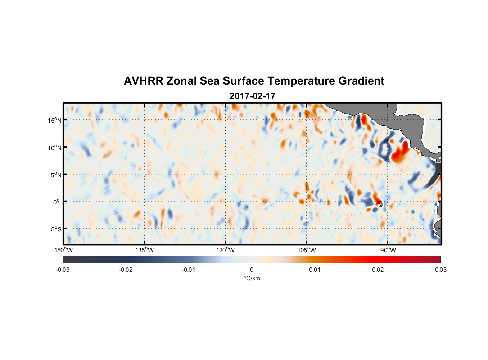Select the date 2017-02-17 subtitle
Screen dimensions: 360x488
252,96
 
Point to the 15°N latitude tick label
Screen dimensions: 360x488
54,120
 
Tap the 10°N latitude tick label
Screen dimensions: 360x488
54,148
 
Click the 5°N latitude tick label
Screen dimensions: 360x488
55,175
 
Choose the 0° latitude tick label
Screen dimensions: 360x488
57,202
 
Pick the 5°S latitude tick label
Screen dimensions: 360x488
55,229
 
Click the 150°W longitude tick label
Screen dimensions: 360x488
63,250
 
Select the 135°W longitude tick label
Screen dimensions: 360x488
144,250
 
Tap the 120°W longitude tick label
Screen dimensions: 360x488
225,250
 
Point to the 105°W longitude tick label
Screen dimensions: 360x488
306,250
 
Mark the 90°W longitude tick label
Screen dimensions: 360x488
388,250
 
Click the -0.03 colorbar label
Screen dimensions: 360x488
63,270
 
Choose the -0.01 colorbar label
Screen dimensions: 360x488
189,270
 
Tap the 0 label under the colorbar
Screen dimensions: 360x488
252,270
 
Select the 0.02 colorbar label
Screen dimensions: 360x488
378,270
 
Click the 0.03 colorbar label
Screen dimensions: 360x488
440,270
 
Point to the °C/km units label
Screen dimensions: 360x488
252,278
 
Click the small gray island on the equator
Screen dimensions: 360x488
381,204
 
